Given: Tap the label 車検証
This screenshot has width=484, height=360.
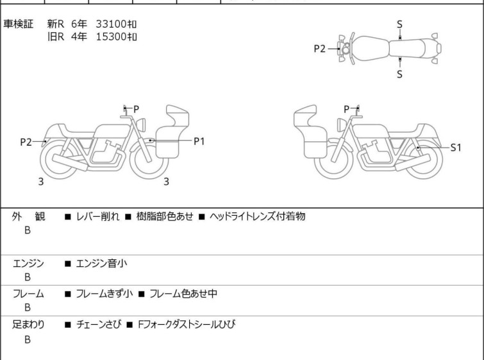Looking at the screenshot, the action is (18, 24).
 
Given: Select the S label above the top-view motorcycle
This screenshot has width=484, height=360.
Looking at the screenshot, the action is (399, 24).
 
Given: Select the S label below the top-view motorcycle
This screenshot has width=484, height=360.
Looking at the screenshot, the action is (399, 74).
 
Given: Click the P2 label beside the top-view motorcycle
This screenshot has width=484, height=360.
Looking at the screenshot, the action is (319, 49).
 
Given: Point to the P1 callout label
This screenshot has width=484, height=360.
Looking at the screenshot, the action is (199, 141).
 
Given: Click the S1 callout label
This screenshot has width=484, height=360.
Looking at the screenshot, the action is (456, 148).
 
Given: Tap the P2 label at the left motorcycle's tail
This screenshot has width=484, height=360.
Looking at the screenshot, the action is (26, 142).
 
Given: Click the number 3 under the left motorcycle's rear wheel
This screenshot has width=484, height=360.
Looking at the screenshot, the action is (41, 182).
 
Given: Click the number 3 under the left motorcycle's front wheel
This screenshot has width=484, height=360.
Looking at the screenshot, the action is (166, 182).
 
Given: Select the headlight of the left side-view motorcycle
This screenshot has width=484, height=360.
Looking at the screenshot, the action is (141, 124).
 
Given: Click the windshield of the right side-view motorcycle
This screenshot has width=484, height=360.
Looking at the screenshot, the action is (305, 116).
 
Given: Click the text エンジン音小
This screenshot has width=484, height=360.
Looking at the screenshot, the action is (101, 263).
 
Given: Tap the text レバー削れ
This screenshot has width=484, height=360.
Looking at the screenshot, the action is (97, 216).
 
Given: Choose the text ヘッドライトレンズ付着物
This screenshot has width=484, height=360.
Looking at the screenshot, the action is (258, 216).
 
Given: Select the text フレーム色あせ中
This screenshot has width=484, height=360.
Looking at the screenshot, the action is (183, 293).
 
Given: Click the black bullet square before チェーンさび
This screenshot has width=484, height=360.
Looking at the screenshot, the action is (68, 325).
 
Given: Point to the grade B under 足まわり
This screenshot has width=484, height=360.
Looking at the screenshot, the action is (28, 339).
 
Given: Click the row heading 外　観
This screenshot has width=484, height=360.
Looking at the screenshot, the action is (28, 216).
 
